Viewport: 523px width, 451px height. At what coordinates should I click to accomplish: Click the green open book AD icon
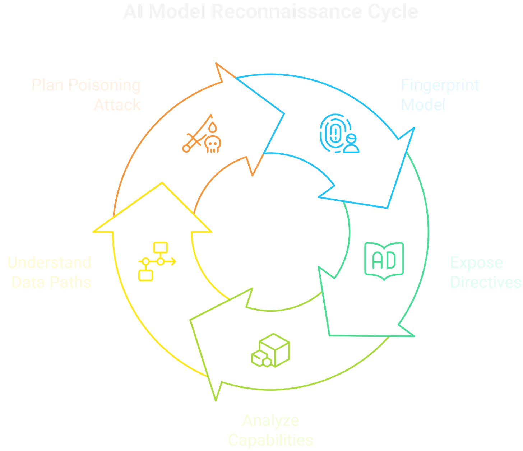point(384,261)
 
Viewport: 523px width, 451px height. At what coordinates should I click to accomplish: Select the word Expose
point(476,263)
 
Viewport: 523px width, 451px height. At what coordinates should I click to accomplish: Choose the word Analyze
point(270,420)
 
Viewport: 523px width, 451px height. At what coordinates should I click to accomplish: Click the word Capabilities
point(270,440)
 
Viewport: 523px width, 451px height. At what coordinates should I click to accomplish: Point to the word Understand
point(49,262)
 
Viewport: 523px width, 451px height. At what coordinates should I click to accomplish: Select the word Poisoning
point(104,85)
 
